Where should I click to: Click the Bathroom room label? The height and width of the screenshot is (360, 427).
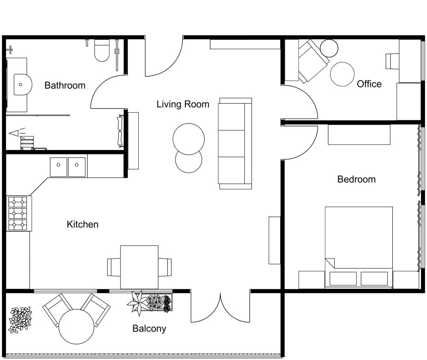click(x=65, y=85)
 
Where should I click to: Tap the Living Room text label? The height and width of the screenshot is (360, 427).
click(x=183, y=104)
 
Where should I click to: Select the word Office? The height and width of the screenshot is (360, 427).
click(x=369, y=84)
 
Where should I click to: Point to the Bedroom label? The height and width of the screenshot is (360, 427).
click(x=356, y=179)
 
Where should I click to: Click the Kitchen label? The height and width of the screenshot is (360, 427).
click(x=82, y=224)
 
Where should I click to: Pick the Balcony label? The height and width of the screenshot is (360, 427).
click(x=149, y=328)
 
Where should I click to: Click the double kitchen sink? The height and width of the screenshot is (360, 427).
click(x=68, y=167)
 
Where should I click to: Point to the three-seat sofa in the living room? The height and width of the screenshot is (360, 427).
click(x=235, y=143)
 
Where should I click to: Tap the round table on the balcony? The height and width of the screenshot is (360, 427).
click(x=76, y=326)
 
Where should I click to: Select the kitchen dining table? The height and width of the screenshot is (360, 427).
click(x=139, y=267)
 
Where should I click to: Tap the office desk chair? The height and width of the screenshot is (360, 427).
click(x=392, y=61)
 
